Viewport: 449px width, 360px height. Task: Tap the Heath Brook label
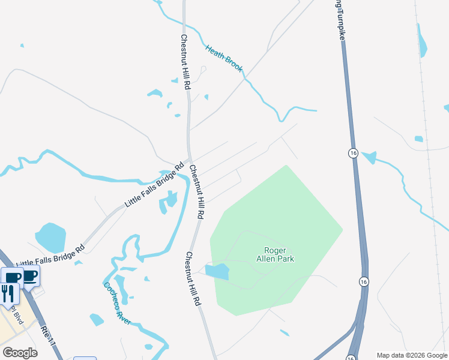(x=224, y=59)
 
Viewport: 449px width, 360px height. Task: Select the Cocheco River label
(x=117, y=303)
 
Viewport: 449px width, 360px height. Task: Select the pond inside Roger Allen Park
(x=217, y=271)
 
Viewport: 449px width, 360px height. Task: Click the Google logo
(x=20, y=352)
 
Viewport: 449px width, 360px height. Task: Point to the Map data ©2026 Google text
(x=412, y=355)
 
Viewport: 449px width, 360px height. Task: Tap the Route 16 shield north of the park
(x=354, y=153)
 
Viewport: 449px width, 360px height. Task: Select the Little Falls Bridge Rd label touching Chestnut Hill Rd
(x=154, y=185)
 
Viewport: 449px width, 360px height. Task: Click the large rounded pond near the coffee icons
(x=50, y=238)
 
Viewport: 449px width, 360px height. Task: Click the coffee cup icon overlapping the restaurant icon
(x=12, y=277)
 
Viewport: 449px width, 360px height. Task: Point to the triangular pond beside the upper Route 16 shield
(x=369, y=158)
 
